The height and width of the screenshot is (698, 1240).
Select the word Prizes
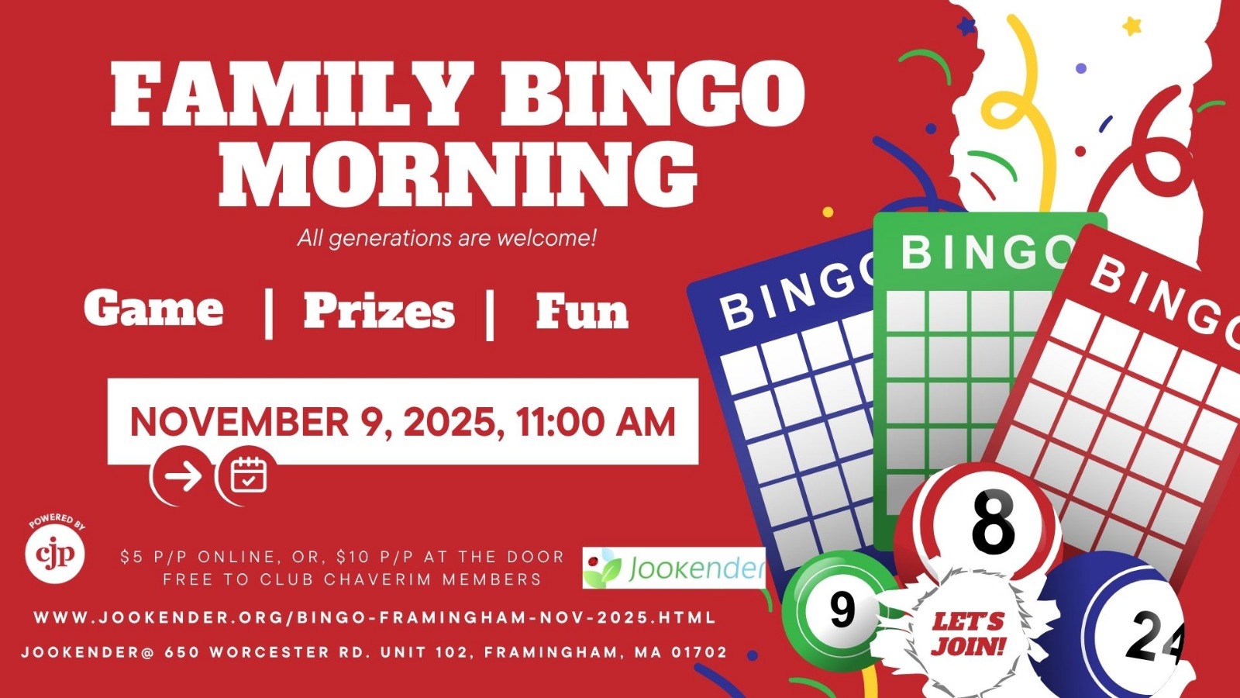click(379, 310)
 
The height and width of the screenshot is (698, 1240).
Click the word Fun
click(582, 310)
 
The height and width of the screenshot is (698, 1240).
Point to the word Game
click(154, 309)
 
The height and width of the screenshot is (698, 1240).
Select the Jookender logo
click(673, 568)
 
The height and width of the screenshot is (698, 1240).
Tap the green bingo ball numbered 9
click(836, 610)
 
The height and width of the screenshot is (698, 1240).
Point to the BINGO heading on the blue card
click(797, 294)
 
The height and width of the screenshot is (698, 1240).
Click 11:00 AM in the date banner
click(596, 422)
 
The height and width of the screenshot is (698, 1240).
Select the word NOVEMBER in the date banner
click(239, 422)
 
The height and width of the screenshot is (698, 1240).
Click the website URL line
click(375, 617)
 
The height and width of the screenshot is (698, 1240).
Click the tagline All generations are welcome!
click(446, 238)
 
